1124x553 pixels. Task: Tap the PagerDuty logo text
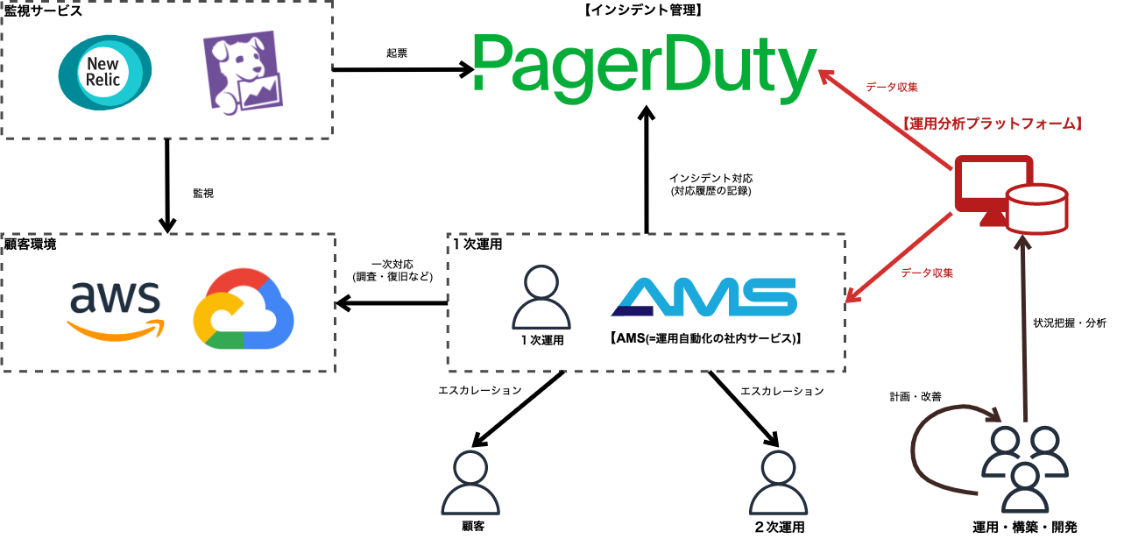pos(644,63)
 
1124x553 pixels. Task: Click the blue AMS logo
pos(703,297)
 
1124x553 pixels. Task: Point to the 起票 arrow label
pos(397,53)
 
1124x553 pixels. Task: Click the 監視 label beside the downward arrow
pos(202,192)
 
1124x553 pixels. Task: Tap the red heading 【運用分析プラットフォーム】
pos(993,124)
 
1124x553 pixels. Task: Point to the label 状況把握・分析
pos(1070,323)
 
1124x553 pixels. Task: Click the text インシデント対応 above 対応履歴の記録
pos(710,178)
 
